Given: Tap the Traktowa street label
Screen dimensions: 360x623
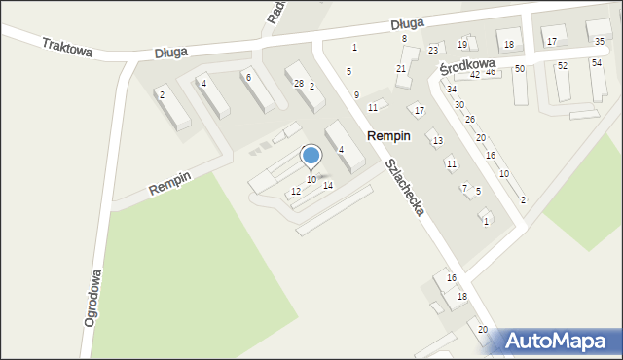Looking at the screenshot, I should tap(67, 47).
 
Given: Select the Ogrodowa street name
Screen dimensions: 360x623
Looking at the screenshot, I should tap(95, 297).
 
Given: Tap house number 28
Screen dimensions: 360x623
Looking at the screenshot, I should tap(299, 84).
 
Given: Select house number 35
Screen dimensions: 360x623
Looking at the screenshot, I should tap(600, 40).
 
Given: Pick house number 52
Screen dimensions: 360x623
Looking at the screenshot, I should tap(563, 65).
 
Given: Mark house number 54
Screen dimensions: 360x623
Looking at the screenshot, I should tap(597, 62).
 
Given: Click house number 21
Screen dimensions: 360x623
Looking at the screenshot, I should tap(401, 68).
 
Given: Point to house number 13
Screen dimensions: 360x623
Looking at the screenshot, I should tap(438, 141).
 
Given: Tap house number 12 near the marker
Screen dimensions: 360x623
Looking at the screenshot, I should tap(296, 192).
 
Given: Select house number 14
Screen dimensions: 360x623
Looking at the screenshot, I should tap(328, 185).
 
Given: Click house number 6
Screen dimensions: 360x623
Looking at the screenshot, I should tap(248, 77).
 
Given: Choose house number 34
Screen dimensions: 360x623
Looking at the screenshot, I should tap(452, 90).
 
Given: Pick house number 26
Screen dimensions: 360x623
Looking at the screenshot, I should tap(470, 120).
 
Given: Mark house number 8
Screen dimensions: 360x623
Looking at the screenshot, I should tap(404, 38).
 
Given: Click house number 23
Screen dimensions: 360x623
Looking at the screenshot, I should tap(433, 50).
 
